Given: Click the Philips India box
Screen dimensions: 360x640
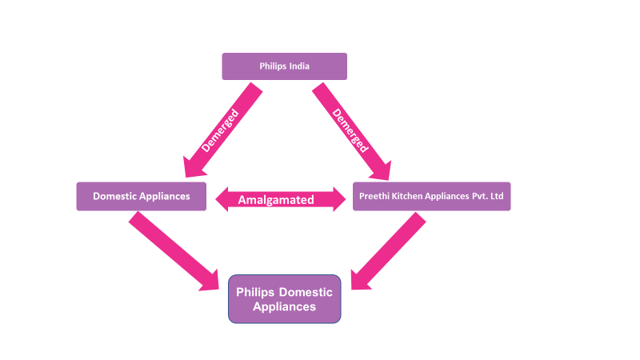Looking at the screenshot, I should point(284,66).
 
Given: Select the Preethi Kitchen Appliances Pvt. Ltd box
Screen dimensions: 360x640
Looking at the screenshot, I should point(431,196).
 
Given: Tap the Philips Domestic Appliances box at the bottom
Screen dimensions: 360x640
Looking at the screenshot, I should point(285,299).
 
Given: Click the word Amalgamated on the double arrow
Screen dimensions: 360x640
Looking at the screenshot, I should point(276,200).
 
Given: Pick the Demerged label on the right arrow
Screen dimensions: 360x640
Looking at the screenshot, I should point(350,130).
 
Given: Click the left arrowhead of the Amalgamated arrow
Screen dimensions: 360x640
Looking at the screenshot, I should point(222,199).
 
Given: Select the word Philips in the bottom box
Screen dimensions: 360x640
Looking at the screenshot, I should point(255,293).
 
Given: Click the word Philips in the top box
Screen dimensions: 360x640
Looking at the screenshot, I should point(273,66).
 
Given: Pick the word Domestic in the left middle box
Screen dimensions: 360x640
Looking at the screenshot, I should point(115,196).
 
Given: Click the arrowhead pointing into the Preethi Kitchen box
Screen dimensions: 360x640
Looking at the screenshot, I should point(381,170).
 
